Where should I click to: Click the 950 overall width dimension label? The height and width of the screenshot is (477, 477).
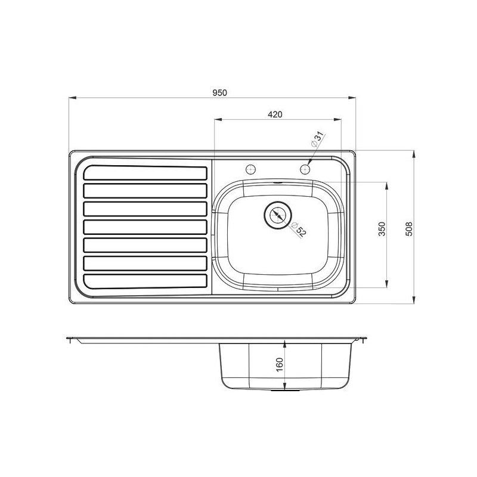[x=219, y=92]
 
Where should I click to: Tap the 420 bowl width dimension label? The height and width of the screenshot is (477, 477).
[x=275, y=114]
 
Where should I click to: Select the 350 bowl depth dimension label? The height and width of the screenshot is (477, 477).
[x=382, y=229]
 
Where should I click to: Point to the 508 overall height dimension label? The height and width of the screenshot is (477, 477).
[x=409, y=228]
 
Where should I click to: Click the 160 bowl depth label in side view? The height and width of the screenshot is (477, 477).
[x=279, y=364]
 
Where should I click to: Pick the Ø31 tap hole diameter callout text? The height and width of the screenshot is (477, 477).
[x=317, y=140]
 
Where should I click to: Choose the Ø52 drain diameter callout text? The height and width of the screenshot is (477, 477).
[x=299, y=230]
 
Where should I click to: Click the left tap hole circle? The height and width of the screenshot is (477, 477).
[x=250, y=169]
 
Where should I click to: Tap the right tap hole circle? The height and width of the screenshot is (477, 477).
[x=305, y=169]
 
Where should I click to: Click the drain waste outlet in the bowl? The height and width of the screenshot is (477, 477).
[x=277, y=215]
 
